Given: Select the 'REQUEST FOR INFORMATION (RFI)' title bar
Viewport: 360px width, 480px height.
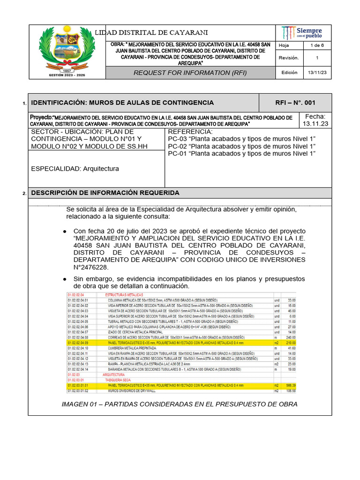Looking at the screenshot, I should pyautogui.click(x=190, y=73).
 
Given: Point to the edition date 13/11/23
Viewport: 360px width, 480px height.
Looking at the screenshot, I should pyautogui.click(x=316, y=73).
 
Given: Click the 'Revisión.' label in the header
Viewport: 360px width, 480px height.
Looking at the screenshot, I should pyautogui.click(x=289, y=58).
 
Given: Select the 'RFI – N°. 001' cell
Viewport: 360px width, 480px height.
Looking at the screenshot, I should pyautogui.click(x=295, y=103).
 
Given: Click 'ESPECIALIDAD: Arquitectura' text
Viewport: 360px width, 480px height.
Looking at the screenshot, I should pyautogui.click(x=75, y=169).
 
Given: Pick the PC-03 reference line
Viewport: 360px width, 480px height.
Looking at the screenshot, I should pyautogui.click(x=241, y=139).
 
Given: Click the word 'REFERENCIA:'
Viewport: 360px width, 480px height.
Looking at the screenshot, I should pyautogui.click(x=190, y=132).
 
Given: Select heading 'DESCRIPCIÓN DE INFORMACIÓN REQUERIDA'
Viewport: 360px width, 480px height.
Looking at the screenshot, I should pyautogui.click(x=105, y=193).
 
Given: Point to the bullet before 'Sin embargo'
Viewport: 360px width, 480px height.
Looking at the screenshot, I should pyautogui.click(x=64, y=279).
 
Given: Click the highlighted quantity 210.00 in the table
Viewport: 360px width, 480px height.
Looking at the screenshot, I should pyautogui.click(x=291, y=342).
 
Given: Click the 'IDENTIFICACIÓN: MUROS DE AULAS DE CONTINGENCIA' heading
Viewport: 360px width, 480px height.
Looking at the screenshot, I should pyautogui.click(x=122, y=103).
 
